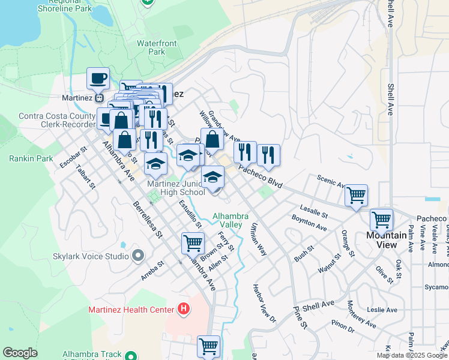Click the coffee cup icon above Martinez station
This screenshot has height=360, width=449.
(x=98, y=78)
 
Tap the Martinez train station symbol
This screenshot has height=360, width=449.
(x=101, y=98)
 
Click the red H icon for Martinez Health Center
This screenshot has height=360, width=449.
(x=184, y=310)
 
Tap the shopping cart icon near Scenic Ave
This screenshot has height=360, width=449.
(x=357, y=195)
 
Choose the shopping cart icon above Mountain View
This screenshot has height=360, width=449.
(x=381, y=220)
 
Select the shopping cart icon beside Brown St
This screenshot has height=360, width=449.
(x=193, y=243)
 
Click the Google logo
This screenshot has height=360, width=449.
(x=20, y=353)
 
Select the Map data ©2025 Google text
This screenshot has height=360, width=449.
(x=412, y=355)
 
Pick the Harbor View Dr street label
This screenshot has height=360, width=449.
(x=264, y=303)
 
